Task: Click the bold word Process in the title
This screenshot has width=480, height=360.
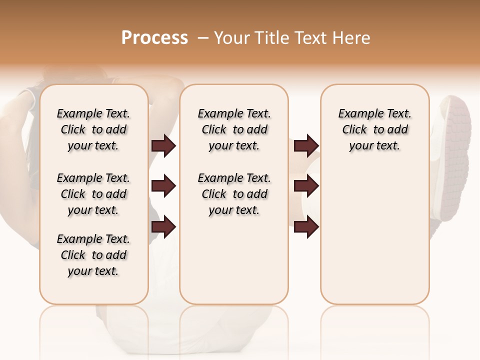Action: [x=154, y=38]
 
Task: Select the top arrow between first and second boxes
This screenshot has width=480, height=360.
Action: [x=163, y=145]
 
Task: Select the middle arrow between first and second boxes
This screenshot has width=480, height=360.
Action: [x=163, y=186]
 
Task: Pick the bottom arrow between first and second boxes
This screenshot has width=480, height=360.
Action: [x=163, y=226]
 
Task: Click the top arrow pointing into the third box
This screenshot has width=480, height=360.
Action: [x=306, y=145]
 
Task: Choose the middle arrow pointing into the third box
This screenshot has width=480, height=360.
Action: [x=306, y=186]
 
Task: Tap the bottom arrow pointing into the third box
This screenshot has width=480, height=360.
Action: [x=306, y=226]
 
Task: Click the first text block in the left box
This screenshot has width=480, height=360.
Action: [x=93, y=129]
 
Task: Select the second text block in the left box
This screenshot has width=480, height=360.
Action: [x=93, y=194]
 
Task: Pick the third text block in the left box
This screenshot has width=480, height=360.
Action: [x=93, y=255]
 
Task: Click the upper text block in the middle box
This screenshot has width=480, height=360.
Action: [x=234, y=129]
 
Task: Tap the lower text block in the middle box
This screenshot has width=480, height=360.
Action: [x=234, y=194]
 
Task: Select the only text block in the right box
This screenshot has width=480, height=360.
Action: [x=374, y=129]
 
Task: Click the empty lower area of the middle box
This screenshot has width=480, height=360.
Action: [x=234, y=260]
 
